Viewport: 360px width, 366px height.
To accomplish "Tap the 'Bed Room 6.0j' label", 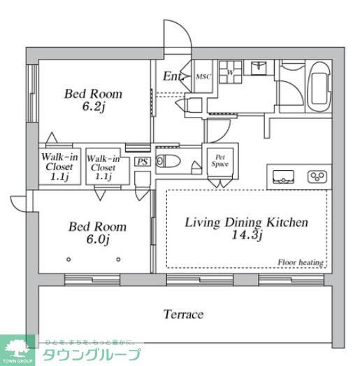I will tap(97, 232).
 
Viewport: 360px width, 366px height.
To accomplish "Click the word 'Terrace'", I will tap(183, 314).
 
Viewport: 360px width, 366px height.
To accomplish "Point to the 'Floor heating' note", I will tap(300, 262).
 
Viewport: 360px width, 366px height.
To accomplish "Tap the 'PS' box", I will tap(142, 162).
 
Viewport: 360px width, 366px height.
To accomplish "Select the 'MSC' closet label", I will tap(203, 77).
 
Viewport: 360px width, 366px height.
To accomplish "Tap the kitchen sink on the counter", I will tap(285, 176).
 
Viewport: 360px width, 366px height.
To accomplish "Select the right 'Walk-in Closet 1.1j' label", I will tap(103, 167).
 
